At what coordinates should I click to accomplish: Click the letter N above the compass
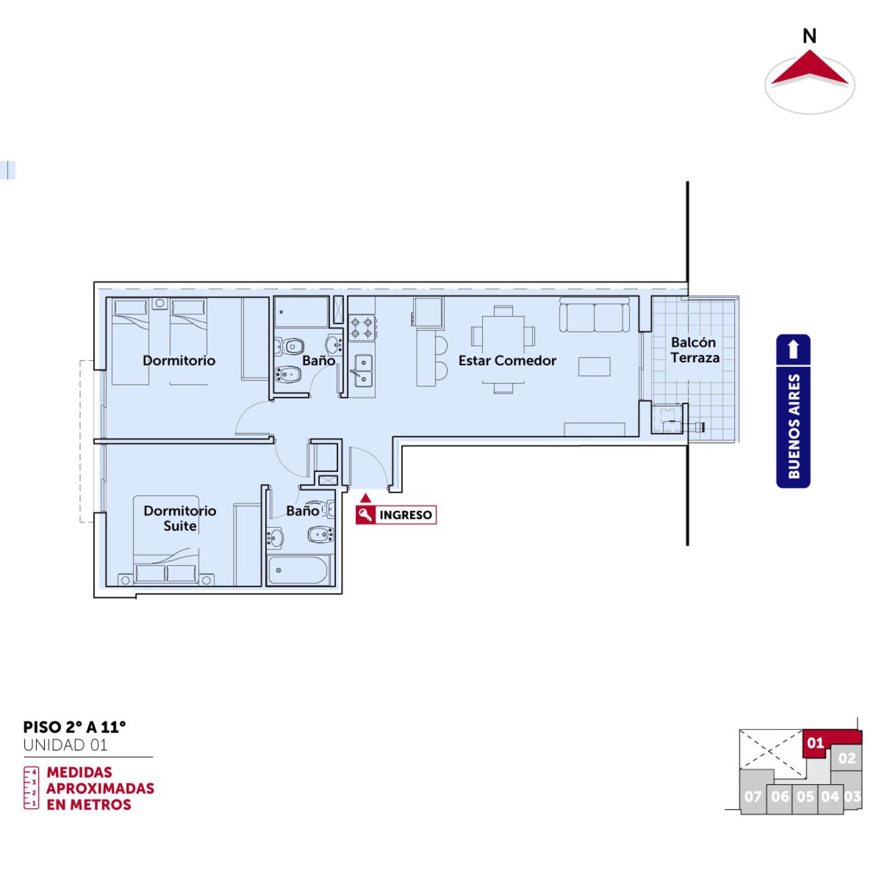point(809,36)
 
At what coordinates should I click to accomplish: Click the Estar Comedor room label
point(507,361)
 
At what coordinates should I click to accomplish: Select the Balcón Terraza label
point(695,350)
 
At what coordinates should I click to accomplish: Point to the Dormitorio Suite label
point(180,518)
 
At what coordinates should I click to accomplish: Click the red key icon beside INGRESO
point(365,515)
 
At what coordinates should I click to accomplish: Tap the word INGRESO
point(406,515)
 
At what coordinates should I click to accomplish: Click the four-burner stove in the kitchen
point(362,327)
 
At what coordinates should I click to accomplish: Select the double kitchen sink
point(363,371)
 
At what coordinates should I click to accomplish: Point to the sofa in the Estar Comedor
point(594,315)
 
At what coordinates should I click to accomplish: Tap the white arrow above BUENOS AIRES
point(793,349)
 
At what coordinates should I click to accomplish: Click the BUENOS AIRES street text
point(794,426)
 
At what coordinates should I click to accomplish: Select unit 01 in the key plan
point(815,743)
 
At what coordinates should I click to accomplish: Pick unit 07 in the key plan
point(753,796)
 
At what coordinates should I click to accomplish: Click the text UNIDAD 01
point(65,745)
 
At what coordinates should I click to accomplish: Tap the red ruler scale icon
point(31,788)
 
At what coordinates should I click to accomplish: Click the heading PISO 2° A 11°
point(74,727)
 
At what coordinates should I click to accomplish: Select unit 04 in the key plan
point(830,797)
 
